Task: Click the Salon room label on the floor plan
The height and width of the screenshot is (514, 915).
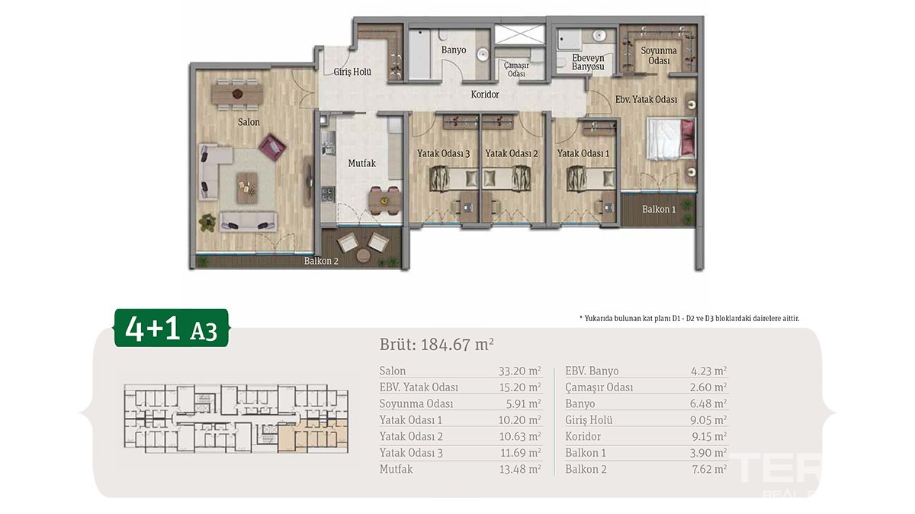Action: click(x=249, y=122)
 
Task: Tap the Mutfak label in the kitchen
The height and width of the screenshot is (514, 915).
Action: click(x=362, y=163)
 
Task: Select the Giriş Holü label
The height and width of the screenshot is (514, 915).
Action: click(x=352, y=72)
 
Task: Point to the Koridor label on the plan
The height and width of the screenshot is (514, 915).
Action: click(x=485, y=95)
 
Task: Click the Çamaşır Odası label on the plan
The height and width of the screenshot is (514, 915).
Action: click(x=516, y=69)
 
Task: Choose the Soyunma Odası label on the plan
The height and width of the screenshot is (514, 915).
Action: click(x=659, y=56)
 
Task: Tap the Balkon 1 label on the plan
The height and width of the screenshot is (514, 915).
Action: click(x=659, y=209)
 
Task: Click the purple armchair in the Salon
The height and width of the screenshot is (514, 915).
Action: click(x=272, y=147)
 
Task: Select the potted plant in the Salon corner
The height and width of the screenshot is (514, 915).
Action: click(x=207, y=223)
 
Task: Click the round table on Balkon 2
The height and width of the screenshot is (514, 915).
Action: click(x=363, y=255)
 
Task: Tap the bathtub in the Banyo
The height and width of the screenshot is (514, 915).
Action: click(x=420, y=55)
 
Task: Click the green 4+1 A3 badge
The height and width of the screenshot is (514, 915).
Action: click(x=171, y=328)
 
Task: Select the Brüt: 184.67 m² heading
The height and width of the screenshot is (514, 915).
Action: click(x=437, y=345)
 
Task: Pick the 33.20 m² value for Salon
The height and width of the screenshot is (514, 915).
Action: click(x=519, y=371)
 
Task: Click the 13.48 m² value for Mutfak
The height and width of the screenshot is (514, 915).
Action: click(x=520, y=469)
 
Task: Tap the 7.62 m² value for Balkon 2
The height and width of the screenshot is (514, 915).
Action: click(x=709, y=469)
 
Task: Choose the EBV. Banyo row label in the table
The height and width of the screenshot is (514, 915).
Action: click(x=592, y=371)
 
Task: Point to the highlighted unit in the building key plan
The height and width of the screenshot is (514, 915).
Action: click(x=313, y=435)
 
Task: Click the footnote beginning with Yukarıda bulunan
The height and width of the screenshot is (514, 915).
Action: click(x=689, y=318)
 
